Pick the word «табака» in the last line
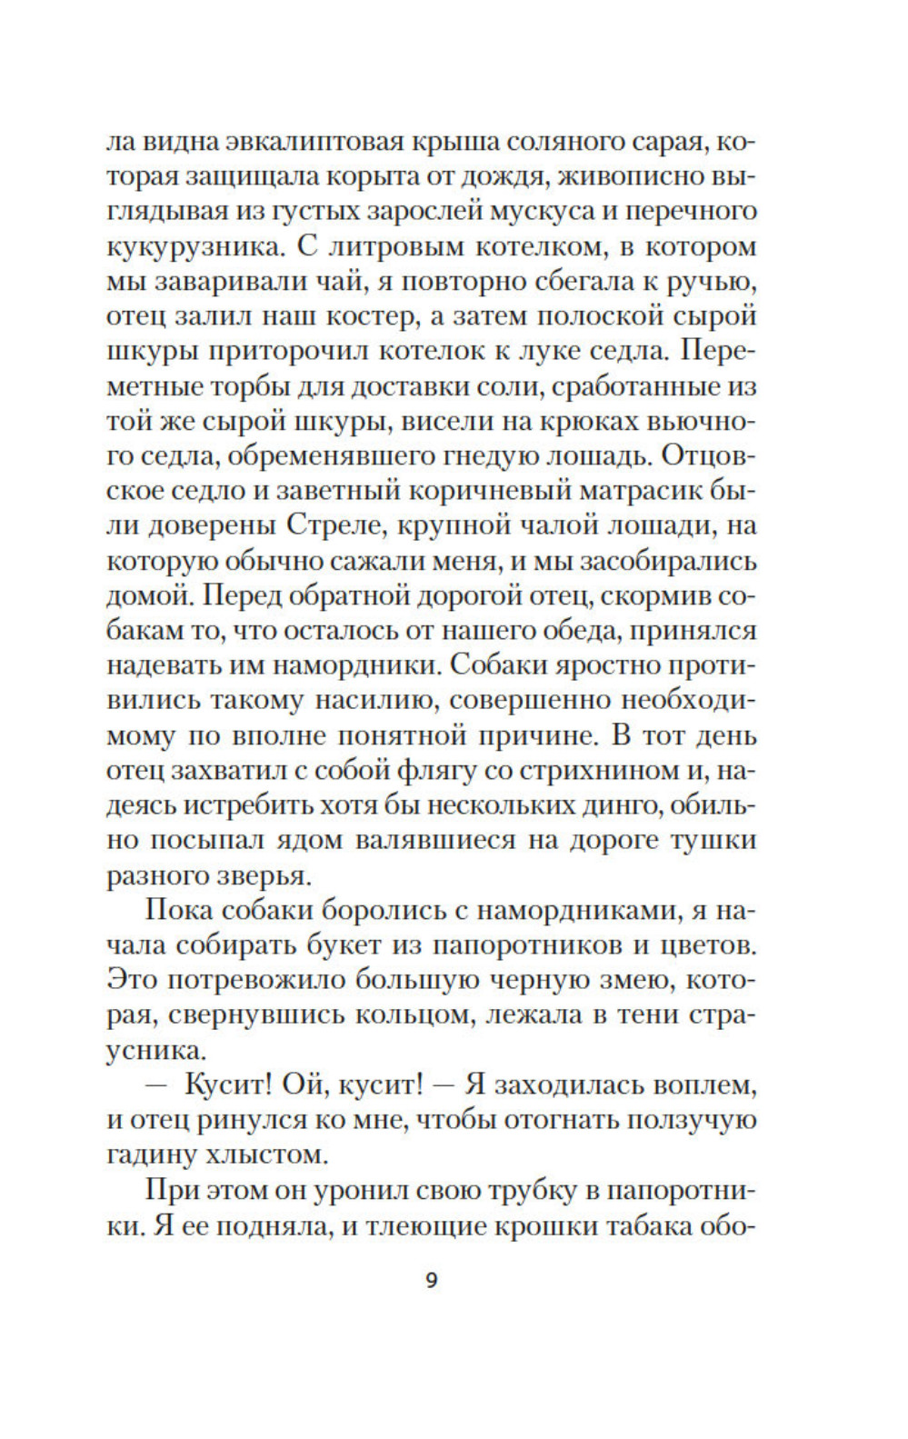pyautogui.click(x=638, y=1226)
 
